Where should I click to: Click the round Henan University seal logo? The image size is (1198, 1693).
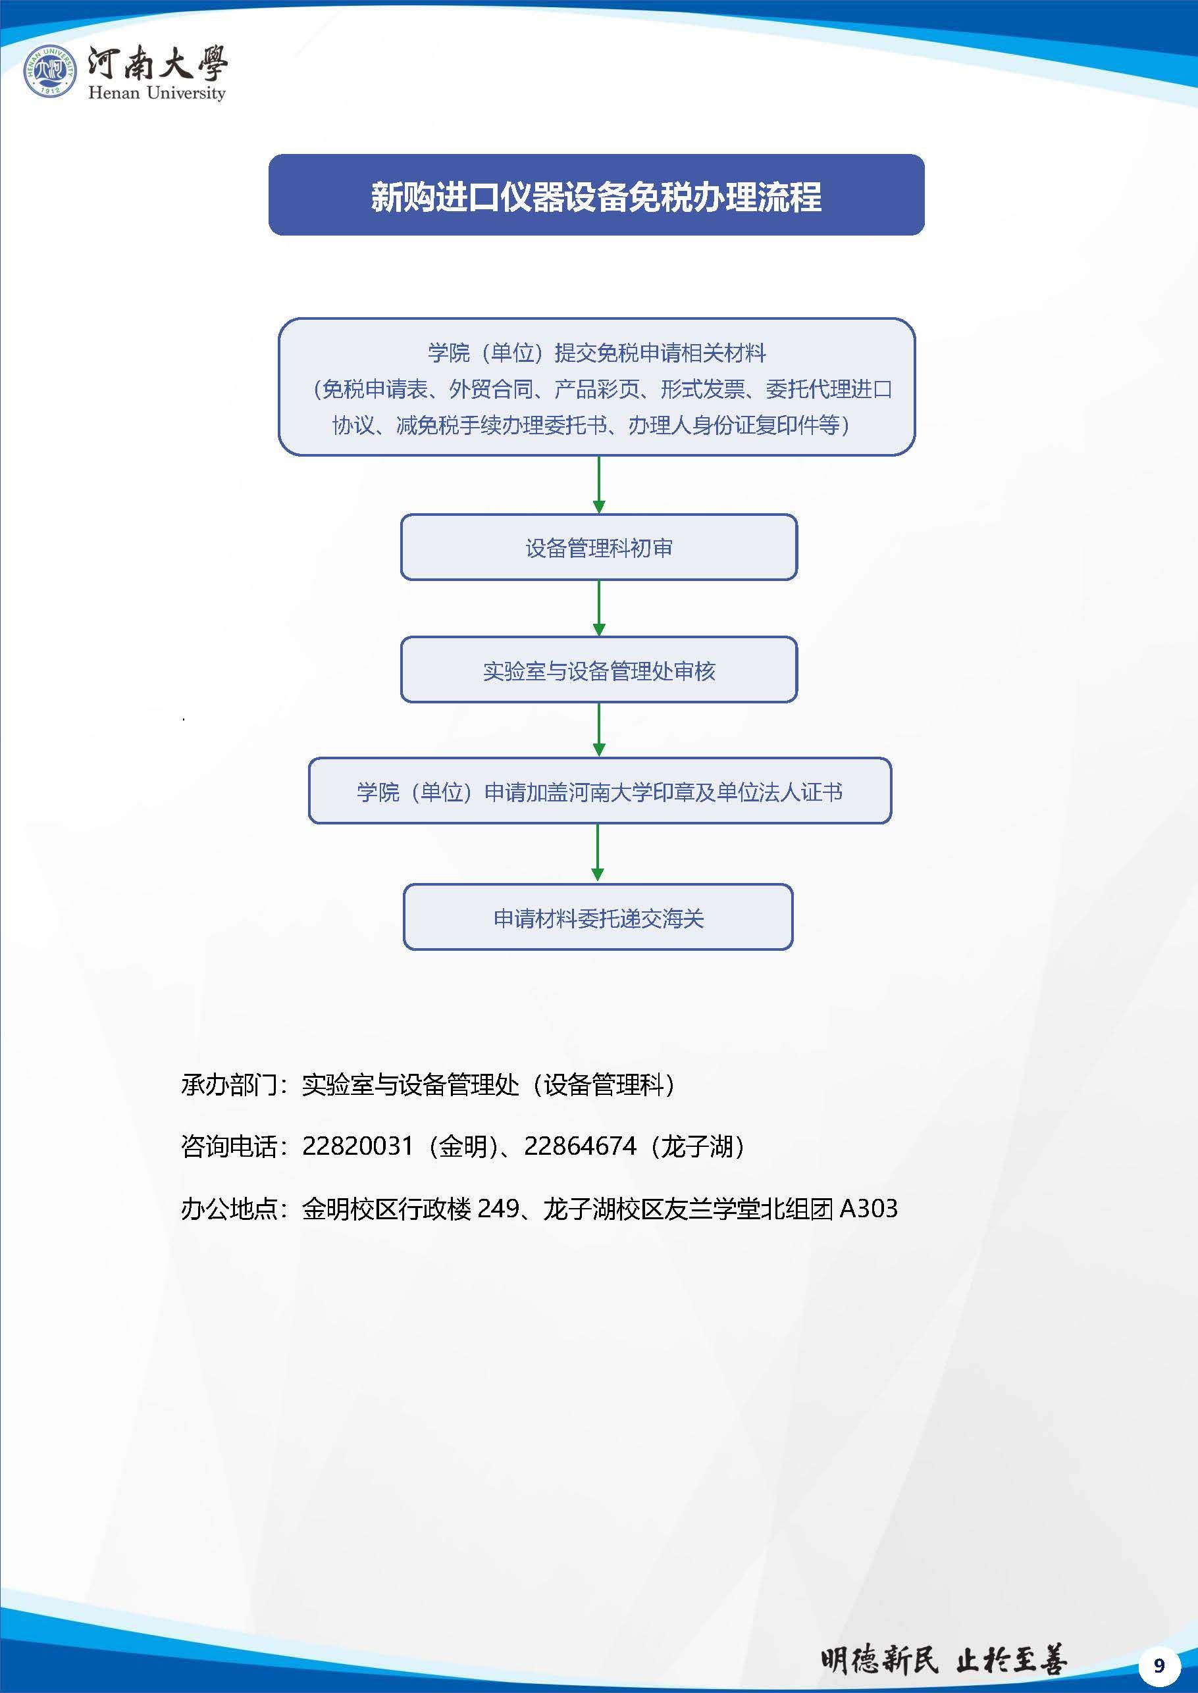[x=49, y=71]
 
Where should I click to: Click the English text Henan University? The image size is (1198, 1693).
[x=157, y=93]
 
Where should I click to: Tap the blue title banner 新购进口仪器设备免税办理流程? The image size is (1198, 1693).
[x=596, y=195]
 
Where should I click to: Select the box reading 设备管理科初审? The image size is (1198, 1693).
[x=599, y=547]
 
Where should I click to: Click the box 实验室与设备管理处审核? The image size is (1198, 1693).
[x=599, y=670]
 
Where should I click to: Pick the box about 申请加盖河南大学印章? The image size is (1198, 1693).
[x=600, y=791]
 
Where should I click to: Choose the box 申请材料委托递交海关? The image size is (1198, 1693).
[x=598, y=917]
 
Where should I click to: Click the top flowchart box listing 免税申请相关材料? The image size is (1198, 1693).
[x=597, y=387]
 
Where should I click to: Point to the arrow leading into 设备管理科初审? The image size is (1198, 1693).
[x=599, y=484]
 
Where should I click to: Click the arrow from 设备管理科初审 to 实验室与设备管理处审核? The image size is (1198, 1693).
[x=599, y=609]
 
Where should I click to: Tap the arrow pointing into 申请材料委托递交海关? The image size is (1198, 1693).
[x=598, y=853]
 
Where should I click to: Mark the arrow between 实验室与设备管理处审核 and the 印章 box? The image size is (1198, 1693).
[x=599, y=730]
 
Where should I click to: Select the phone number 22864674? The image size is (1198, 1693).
[x=580, y=1146]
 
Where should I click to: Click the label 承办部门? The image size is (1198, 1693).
[x=228, y=1084]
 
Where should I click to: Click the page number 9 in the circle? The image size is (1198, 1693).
[x=1159, y=1665]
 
